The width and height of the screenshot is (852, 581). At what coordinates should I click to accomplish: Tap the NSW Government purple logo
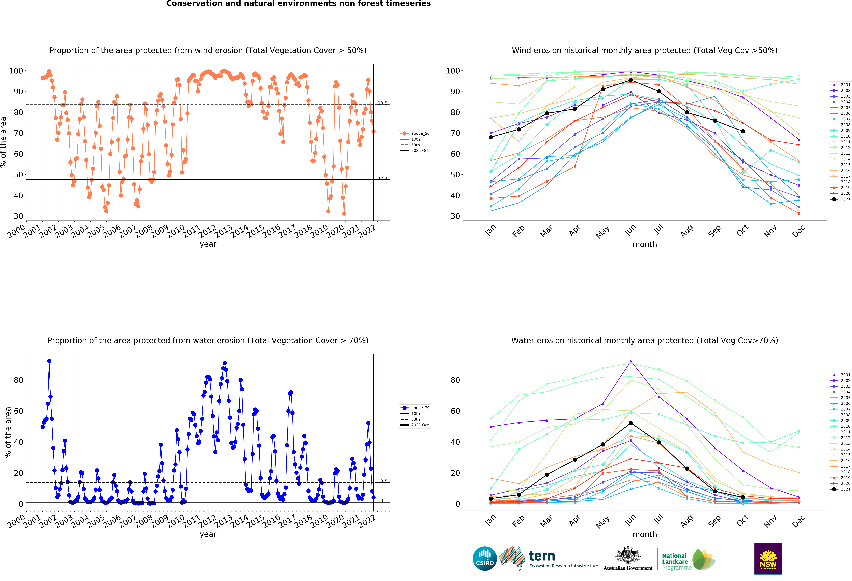point(768,558)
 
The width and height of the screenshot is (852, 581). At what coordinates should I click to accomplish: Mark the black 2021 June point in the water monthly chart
point(631,423)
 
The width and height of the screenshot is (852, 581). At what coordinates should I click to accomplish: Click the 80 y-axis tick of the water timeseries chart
point(18,380)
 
